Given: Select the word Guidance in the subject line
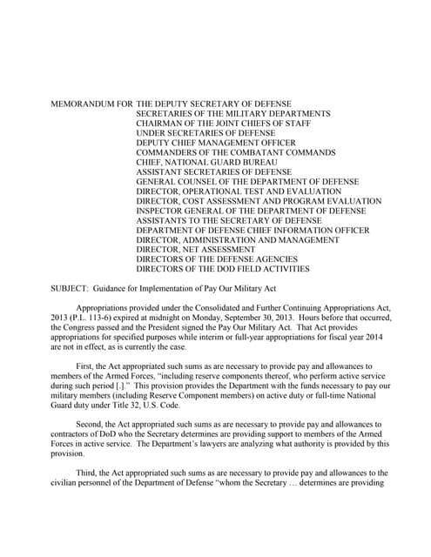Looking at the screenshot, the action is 117,286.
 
